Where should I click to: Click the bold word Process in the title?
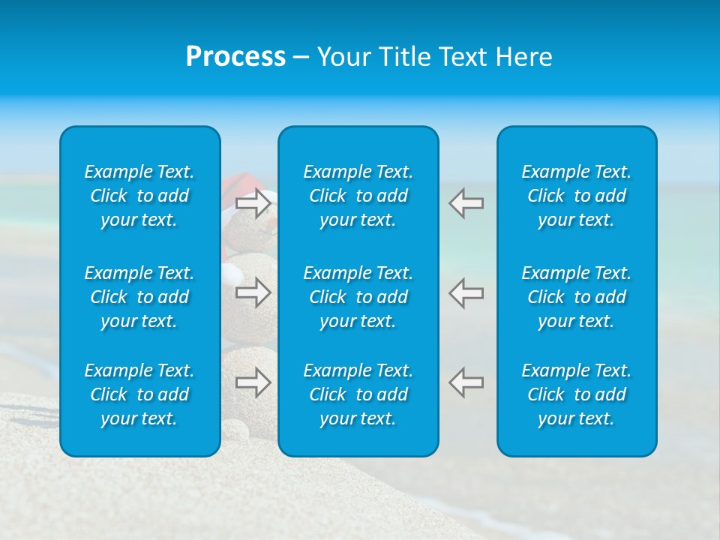(235, 57)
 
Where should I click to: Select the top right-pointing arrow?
(253, 203)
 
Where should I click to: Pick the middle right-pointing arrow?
(253, 292)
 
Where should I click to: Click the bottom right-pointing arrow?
(253, 382)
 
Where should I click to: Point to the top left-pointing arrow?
(466, 203)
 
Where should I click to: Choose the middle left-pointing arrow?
(466, 292)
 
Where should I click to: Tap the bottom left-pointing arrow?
(466, 382)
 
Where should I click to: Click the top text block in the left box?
(139, 196)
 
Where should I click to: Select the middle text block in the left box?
(139, 297)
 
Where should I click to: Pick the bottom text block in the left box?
(139, 394)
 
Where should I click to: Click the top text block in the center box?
(358, 196)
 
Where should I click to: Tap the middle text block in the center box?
(358, 297)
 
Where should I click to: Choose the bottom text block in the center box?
(358, 394)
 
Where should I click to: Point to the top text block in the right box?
(577, 196)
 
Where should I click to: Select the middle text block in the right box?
(577, 297)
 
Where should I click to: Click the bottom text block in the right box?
(577, 394)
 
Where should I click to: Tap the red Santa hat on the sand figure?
(241, 184)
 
